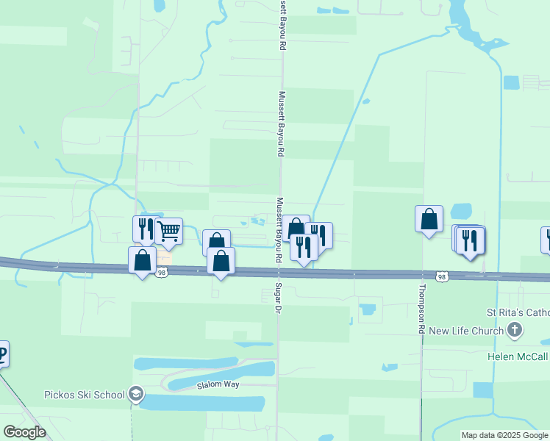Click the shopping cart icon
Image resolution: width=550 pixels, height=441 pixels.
(169, 231)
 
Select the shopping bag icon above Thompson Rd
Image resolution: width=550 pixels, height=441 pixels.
(429, 218)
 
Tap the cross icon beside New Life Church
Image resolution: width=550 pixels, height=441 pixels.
(515, 331)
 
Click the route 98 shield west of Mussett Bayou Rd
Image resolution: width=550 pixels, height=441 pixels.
(162, 273)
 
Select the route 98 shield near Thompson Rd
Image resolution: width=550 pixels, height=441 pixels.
(440, 276)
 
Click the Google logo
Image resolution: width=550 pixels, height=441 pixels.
(24, 432)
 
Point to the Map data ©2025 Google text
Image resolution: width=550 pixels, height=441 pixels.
(504, 435)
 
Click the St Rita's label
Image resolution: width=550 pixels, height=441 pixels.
(519, 312)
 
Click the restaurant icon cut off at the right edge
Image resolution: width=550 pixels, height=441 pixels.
(546, 240)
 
